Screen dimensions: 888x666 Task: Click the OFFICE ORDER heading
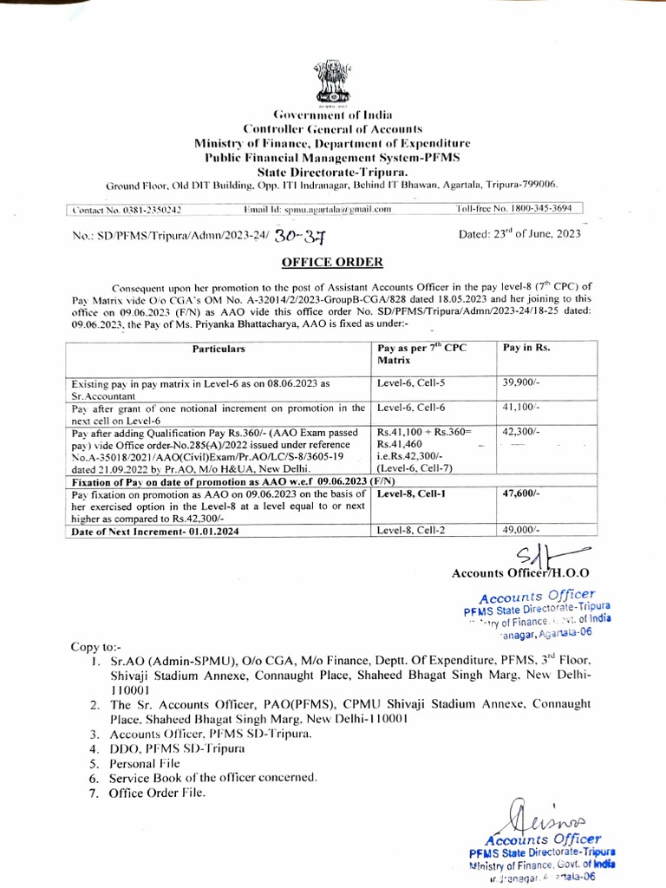coord(331,262)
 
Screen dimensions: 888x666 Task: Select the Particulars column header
coord(219,349)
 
